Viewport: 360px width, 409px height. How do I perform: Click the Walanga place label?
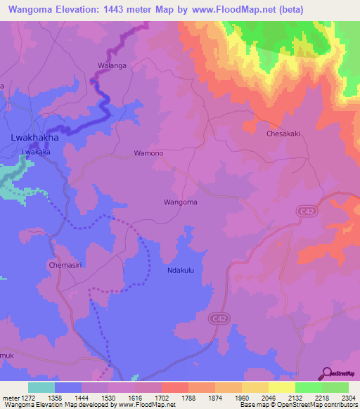[x=111, y=66]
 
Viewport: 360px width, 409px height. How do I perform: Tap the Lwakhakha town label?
[x=34, y=138]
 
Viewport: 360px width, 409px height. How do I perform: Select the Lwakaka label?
[x=36, y=151]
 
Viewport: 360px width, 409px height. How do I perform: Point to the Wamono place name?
[x=148, y=153]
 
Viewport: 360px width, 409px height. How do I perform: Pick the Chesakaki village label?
[x=283, y=133]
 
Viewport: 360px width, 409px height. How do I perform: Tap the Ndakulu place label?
[x=181, y=270]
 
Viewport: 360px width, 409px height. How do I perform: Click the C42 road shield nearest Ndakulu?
[x=219, y=318]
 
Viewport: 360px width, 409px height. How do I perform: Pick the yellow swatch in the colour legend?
[x=281, y=387]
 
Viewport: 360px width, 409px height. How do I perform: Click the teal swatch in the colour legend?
[x=41, y=387]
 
